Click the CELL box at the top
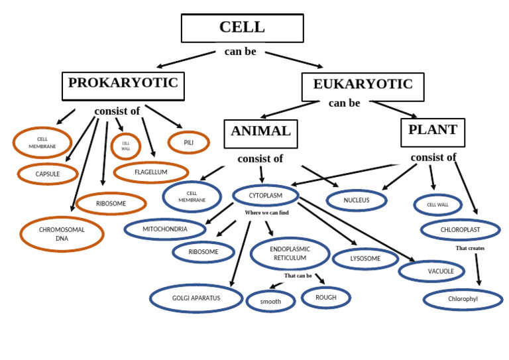242,28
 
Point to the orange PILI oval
189,143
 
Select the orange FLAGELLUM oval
151,172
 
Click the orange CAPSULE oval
48,174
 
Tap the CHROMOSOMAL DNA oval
62,234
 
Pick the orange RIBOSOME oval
111,204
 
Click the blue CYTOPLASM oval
265,196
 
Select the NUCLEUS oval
357,200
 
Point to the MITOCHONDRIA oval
165,229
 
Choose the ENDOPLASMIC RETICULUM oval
290,253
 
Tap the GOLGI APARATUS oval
196,298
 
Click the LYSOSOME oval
365,259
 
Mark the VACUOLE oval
432,271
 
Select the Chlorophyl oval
463,299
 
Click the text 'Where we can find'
266,213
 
